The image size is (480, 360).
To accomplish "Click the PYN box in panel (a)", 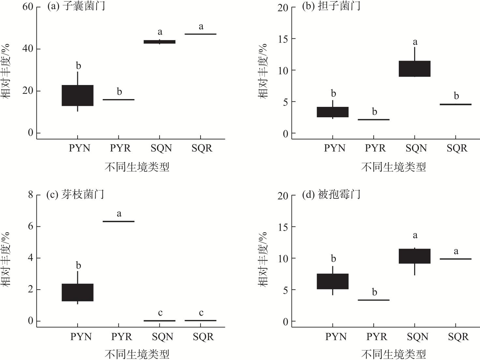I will click(x=78, y=95).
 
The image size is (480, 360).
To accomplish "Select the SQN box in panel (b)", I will click(x=414, y=69).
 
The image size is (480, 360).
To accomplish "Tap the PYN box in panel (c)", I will click(x=78, y=292).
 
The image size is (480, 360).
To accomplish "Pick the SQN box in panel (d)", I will click(x=414, y=256).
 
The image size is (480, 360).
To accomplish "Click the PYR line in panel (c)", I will click(x=119, y=222).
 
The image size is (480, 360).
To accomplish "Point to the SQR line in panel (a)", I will click(x=201, y=34).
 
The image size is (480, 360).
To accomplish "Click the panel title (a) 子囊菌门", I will click(x=76, y=6).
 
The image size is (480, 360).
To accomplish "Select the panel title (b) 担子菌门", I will click(x=331, y=6).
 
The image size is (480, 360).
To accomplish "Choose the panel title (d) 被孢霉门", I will click(x=331, y=194).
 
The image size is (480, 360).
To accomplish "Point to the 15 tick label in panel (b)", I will click(x=283, y=39).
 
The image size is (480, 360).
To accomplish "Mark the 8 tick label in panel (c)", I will click(x=31, y=195).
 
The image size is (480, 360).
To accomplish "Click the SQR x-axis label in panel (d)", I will click(x=458, y=337).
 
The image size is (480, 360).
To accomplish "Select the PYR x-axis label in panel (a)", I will click(x=120, y=148).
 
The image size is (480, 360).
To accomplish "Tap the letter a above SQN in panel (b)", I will click(x=415, y=42).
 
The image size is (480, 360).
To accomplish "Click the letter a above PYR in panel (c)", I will click(x=119, y=214).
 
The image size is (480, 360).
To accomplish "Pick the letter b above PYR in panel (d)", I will click(x=374, y=292).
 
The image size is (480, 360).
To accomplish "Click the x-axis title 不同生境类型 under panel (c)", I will click(x=137, y=354).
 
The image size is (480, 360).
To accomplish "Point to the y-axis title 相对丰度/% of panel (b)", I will click(x=263, y=71).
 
